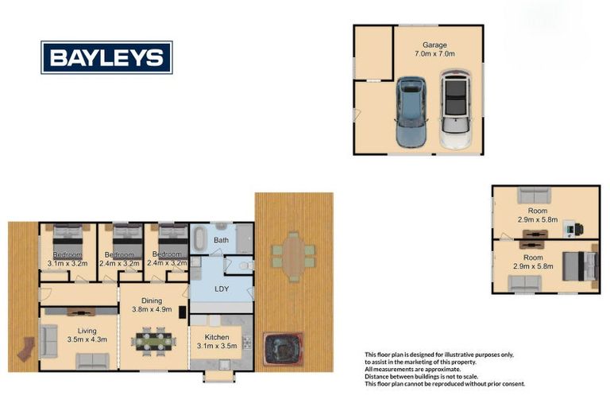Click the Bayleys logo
pyautogui.click(x=106, y=57)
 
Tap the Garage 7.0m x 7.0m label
pyautogui.click(x=433, y=49)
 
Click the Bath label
pyautogui.click(x=222, y=240)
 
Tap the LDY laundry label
pyautogui.click(x=222, y=289)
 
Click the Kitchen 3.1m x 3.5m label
pyautogui.click(x=217, y=342)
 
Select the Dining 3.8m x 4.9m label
pyautogui.click(x=152, y=306)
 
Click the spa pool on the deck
pyautogui.click(x=281, y=347)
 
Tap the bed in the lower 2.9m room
pyautogui.click(x=579, y=265)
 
